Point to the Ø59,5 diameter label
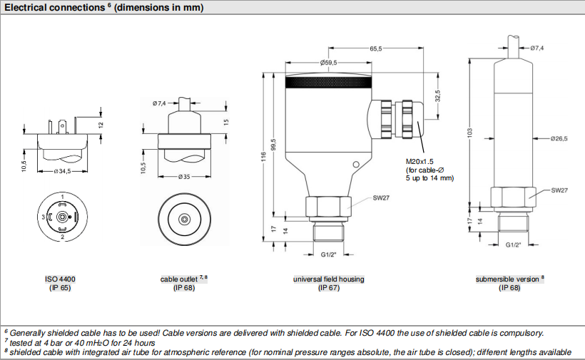point(329,63)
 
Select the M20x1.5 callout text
point(420,162)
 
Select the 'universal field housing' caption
point(329,279)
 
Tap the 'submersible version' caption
point(509,279)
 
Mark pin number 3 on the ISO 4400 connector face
point(43,216)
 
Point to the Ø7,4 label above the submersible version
point(536,48)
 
